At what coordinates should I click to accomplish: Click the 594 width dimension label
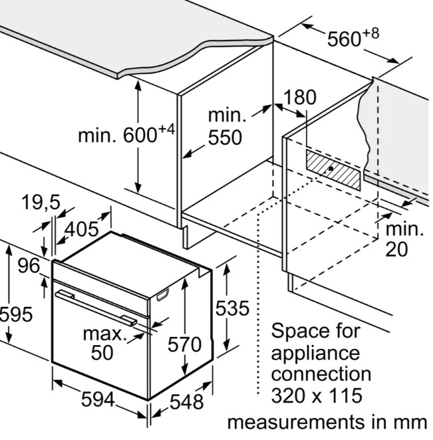point(98,399)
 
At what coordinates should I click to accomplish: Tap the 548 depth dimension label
point(186,401)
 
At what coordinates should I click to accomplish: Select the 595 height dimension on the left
point(16,314)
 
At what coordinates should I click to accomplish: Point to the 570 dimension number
point(184,344)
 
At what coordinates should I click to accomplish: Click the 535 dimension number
point(232,308)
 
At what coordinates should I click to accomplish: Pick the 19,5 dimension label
point(41,202)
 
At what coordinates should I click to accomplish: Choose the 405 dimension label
point(82,229)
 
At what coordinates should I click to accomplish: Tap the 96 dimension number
point(29,265)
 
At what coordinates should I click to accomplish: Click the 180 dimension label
point(299,97)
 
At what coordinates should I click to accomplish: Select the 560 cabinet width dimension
point(353,37)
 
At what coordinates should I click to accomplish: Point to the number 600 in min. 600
point(140,135)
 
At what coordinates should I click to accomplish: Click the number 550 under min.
point(225,137)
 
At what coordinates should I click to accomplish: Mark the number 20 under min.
point(396,249)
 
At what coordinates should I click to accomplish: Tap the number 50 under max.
point(102,352)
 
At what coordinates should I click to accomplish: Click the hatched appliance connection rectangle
point(333,170)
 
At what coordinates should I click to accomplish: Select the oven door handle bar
point(96,308)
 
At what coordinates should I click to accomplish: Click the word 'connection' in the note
point(321,374)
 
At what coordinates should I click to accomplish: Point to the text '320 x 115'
point(317,395)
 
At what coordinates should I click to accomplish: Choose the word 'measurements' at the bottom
point(291,422)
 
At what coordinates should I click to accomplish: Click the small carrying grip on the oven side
point(162,295)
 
